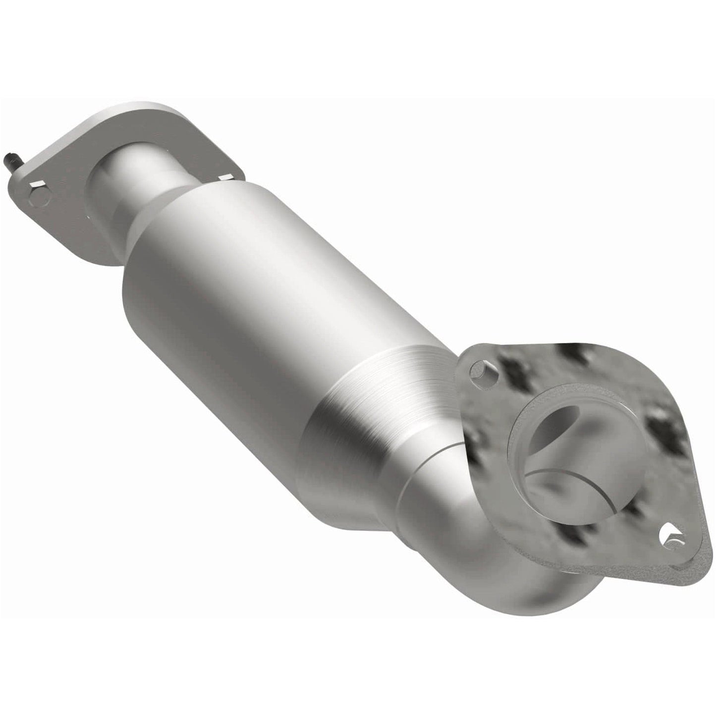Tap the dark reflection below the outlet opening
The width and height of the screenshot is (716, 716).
point(575,538)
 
